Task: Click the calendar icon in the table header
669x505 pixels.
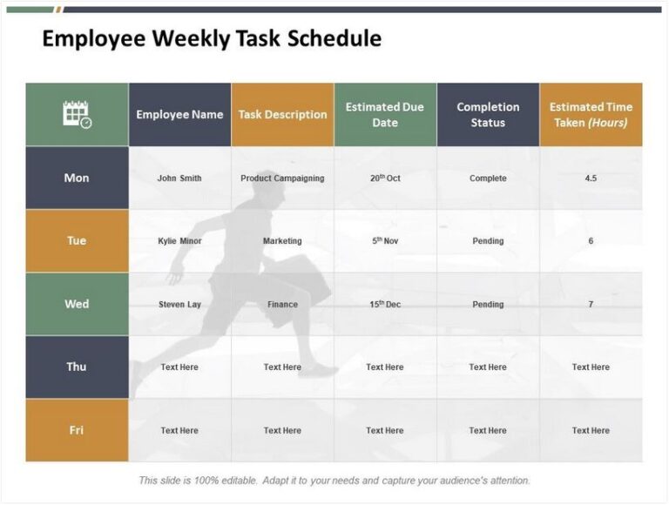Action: click(77, 114)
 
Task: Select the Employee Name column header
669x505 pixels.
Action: click(179, 114)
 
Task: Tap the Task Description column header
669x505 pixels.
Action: click(282, 114)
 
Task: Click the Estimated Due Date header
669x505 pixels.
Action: click(384, 114)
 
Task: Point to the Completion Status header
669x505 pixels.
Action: click(488, 114)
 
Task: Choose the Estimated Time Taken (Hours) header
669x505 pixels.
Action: click(591, 114)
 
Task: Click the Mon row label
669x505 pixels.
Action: click(77, 178)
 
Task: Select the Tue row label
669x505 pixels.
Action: click(77, 240)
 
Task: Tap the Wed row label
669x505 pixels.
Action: click(77, 304)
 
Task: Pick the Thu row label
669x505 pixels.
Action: click(77, 367)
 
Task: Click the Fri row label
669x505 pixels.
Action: click(77, 430)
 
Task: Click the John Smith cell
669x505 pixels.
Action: click(179, 178)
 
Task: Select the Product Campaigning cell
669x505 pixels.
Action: click(282, 178)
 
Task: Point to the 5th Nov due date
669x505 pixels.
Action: click(385, 241)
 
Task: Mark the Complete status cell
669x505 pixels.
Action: click(488, 178)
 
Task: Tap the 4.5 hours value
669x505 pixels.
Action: click(591, 178)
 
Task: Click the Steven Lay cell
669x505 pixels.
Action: click(179, 305)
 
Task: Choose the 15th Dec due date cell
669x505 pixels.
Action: click(385, 305)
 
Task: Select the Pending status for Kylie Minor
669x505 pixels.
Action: click(488, 241)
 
